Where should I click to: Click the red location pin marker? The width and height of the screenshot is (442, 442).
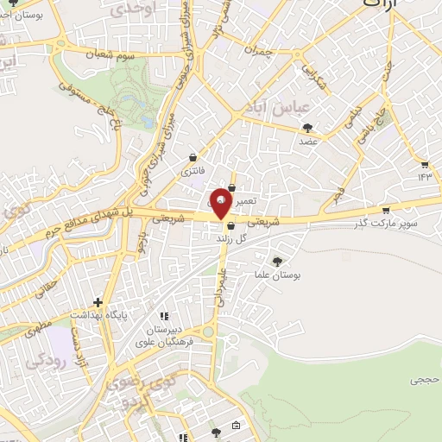coord(221,201)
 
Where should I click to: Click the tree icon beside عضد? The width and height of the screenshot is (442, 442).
coord(307,128)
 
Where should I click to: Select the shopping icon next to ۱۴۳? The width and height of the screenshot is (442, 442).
coord(424,163)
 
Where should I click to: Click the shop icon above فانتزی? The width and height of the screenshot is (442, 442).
coord(193,157)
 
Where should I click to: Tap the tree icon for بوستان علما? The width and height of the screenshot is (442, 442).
coord(277,261)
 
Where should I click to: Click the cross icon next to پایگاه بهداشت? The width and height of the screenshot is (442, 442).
coord(99,302)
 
